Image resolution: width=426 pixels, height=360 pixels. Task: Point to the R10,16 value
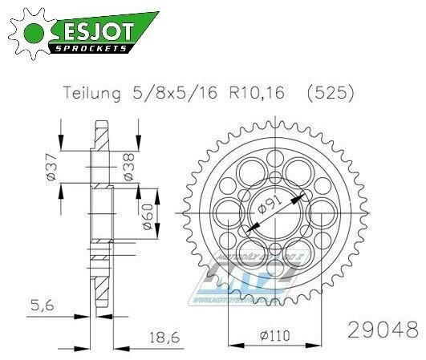pos(253,93)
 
